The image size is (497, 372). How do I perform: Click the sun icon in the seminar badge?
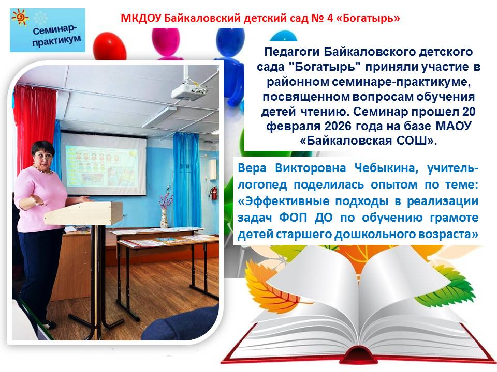click(x=20, y=18)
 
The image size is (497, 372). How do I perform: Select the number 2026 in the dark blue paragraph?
click(x=338, y=126)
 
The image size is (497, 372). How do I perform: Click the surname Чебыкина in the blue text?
click(x=386, y=168)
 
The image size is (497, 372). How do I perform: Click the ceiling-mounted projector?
click(x=189, y=91)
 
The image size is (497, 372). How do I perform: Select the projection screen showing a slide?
click(x=104, y=164)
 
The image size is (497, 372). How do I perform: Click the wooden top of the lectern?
click(x=83, y=212)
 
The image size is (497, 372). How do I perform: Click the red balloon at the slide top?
click(x=110, y=46)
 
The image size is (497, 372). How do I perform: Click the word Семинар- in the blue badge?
click(x=54, y=30)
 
